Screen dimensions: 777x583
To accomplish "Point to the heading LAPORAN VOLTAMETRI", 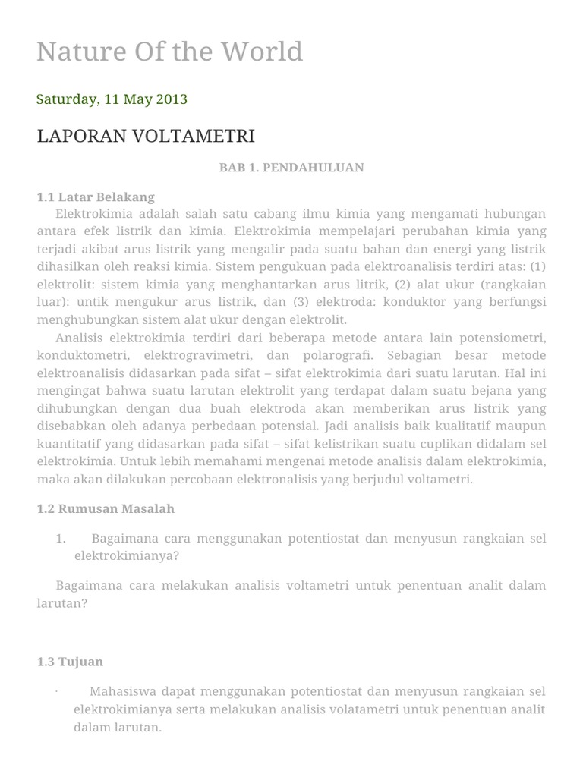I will click(x=146, y=137).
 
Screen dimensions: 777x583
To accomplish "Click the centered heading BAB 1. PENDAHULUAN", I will click(x=291, y=168).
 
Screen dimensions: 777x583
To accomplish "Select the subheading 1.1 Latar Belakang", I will click(x=96, y=197).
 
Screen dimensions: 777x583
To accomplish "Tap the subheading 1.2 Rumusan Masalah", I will click(x=106, y=508).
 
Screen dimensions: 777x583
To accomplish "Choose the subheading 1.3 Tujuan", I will click(x=70, y=662).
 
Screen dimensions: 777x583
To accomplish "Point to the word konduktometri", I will click(x=79, y=356).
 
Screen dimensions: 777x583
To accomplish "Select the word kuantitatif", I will click(x=71, y=443).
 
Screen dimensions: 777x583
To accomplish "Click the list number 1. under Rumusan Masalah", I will click(x=61, y=539).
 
